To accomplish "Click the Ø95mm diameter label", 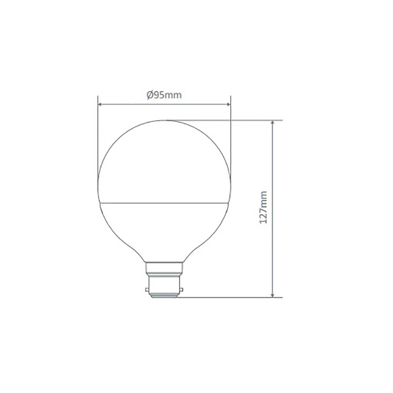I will click(164, 95).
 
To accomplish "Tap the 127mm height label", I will click(263, 208).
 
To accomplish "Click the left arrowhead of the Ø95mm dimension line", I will click(100, 105).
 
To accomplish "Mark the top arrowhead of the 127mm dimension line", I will click(272, 123).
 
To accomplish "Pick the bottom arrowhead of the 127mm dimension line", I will click(272, 294).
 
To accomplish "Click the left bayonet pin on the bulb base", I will click(147, 290).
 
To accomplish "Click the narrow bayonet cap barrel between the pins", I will click(164, 287).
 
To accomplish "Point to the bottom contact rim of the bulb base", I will click(164, 297).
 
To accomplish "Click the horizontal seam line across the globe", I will click(164, 203).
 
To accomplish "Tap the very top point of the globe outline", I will click(164, 120).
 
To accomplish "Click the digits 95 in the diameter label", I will click(159, 95).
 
